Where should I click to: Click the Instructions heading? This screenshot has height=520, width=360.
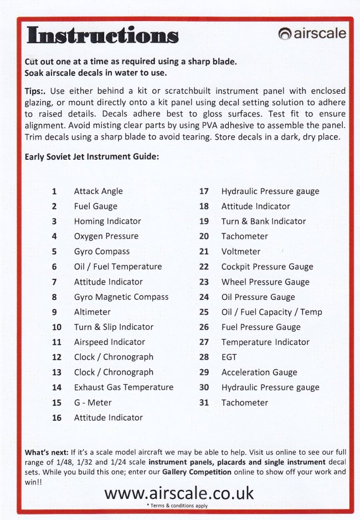coord(103,35)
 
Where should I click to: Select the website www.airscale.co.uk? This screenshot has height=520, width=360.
coord(179,493)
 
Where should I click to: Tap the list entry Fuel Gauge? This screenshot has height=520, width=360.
coord(96,206)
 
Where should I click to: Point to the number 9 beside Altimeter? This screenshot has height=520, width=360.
coord(54,312)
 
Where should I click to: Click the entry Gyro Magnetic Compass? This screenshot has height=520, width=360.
coord(121,297)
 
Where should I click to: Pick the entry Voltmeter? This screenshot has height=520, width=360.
coord(241,252)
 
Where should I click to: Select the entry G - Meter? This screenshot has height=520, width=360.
coord(92,403)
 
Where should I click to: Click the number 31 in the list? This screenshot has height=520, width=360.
coord(204,403)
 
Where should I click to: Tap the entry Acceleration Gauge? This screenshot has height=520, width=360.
coord(259,373)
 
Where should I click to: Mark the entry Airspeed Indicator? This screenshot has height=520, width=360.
coord(110,343)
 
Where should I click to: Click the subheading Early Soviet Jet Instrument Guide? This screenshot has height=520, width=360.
coord(92,157)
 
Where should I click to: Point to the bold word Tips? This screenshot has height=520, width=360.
coord(35,90)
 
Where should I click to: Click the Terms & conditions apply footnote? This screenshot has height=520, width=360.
coord(177,506)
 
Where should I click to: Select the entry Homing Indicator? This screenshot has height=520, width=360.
coord(107,221)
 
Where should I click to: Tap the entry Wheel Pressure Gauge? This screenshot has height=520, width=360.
coord(265,282)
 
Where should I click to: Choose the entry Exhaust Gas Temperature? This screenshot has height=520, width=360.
coord(124,388)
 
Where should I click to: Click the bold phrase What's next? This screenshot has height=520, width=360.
coord(46,453)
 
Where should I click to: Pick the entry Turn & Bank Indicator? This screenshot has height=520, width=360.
coord(264,221)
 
